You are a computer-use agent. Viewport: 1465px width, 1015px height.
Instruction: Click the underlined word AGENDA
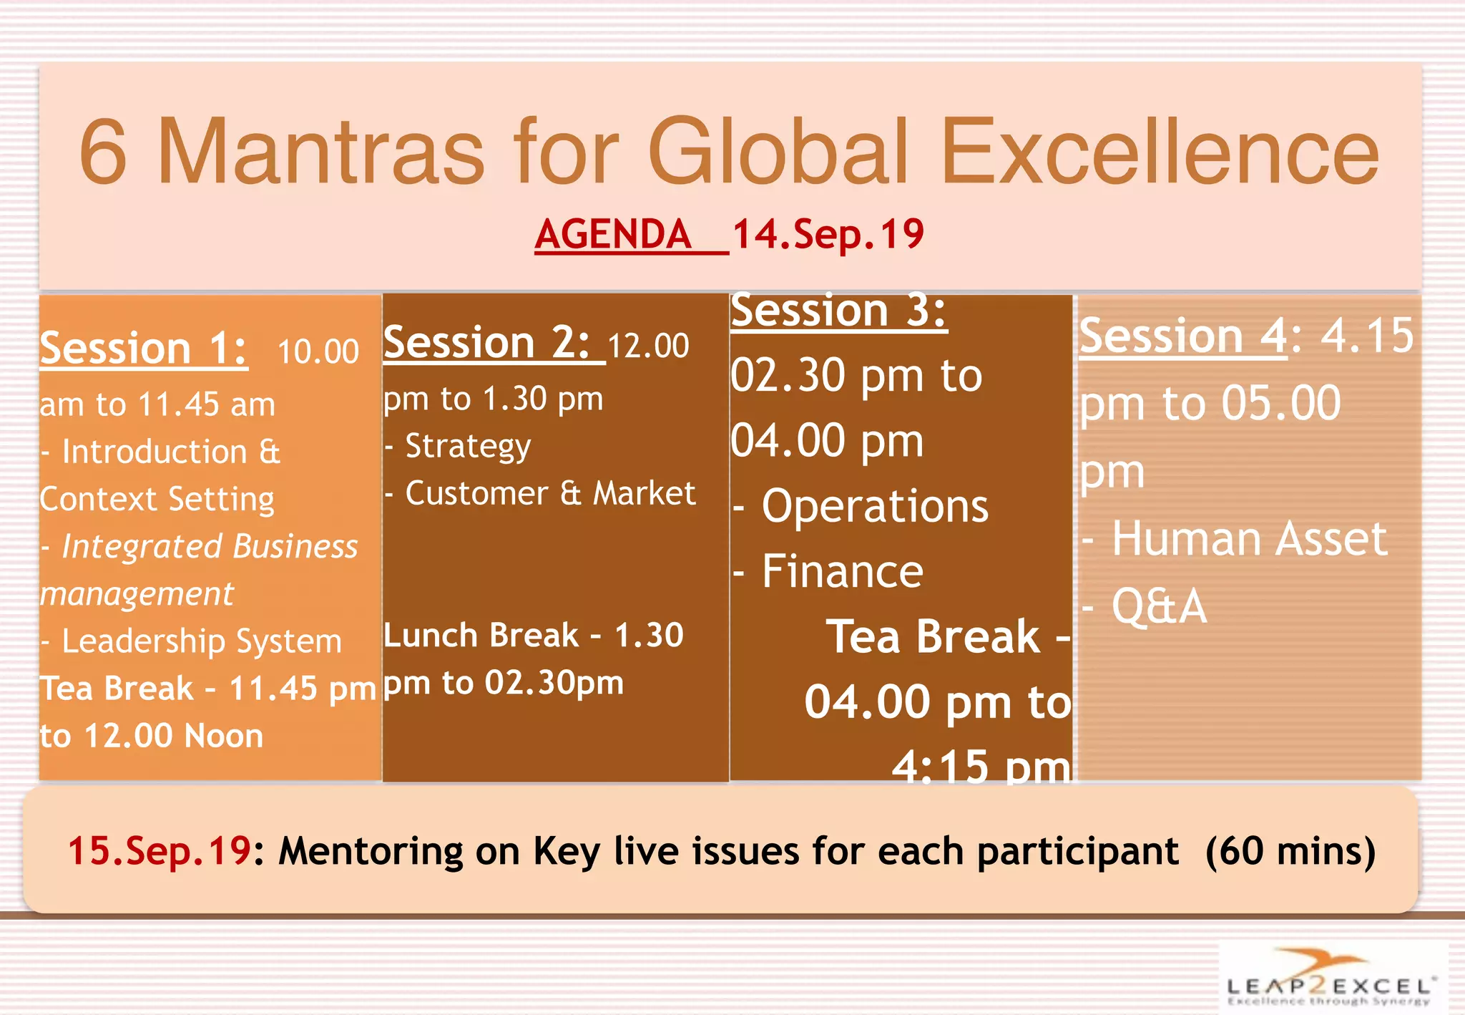(x=613, y=234)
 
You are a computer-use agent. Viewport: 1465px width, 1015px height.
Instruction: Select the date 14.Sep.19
(x=828, y=234)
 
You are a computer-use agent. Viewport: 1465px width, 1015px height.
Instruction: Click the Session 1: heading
(x=144, y=349)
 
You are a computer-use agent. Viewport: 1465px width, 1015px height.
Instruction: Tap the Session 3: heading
(x=838, y=311)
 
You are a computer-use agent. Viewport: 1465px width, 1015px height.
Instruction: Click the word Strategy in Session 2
(x=468, y=446)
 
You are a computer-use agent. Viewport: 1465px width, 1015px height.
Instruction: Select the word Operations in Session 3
(x=874, y=506)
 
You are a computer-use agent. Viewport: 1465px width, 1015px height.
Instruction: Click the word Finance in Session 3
(x=842, y=571)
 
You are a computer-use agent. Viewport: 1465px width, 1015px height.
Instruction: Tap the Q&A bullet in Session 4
(x=1159, y=607)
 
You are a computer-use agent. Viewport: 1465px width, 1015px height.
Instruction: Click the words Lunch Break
(x=481, y=635)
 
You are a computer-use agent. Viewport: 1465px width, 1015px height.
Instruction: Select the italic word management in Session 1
(x=137, y=594)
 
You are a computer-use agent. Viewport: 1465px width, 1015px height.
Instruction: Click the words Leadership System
(x=201, y=641)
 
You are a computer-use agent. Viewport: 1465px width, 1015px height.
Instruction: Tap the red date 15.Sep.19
(x=159, y=851)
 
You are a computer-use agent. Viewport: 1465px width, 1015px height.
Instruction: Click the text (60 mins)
(x=1290, y=851)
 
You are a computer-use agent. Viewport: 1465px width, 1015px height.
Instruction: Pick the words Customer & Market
(x=549, y=493)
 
